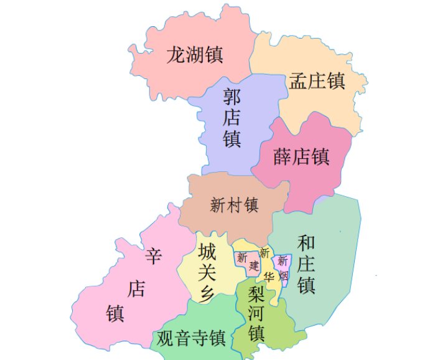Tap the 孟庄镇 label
(x=317, y=80)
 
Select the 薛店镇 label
(x=301, y=156)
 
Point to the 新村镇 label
(x=234, y=204)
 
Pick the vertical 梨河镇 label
(x=256, y=312)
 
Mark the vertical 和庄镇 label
(x=306, y=264)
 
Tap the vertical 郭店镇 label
(x=232, y=118)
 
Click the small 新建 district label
(x=247, y=261)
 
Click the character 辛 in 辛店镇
(x=153, y=255)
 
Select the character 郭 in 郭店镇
(x=232, y=97)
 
